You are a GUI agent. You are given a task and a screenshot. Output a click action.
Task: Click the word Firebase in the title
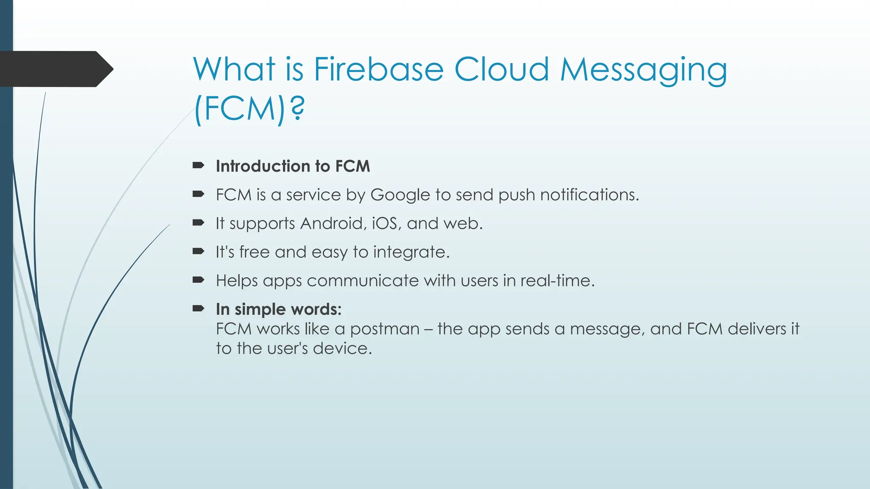[x=378, y=69]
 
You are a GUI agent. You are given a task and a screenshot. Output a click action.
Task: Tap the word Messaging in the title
[x=643, y=70]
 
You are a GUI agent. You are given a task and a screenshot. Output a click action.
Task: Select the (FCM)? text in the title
[x=249, y=109]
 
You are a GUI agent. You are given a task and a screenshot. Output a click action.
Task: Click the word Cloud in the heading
[x=501, y=69]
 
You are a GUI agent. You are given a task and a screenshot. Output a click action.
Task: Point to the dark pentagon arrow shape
[x=55, y=69]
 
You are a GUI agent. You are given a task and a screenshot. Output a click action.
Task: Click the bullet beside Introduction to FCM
[x=198, y=166]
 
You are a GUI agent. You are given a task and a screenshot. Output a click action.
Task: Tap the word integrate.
[x=411, y=253]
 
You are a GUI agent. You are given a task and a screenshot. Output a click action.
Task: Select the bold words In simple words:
[x=278, y=309]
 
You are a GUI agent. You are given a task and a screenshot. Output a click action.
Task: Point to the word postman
[x=384, y=329]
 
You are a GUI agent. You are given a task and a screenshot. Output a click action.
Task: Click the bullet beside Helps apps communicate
[x=198, y=280]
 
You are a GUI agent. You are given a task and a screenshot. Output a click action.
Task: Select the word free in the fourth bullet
[x=254, y=252]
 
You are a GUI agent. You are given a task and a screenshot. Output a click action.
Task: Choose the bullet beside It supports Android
[x=198, y=223]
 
